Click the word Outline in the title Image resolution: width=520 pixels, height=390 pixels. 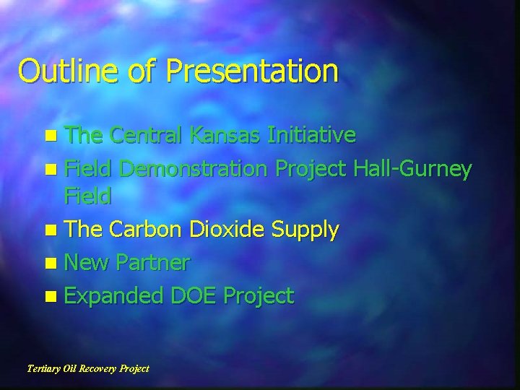59,71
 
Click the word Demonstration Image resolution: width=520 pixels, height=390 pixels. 194,170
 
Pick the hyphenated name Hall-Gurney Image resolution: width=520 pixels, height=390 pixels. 412,170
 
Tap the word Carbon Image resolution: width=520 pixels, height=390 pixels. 147,230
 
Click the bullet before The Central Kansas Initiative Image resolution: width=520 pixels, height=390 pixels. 48,135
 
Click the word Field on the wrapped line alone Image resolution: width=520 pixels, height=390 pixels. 87,196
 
